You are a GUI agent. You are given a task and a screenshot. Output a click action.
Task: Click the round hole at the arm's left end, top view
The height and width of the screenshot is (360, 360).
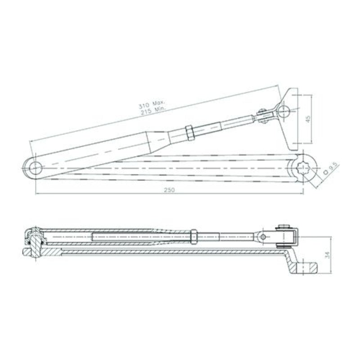(35, 168)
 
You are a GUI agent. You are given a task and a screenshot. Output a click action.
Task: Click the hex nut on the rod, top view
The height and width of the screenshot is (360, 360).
(189, 133)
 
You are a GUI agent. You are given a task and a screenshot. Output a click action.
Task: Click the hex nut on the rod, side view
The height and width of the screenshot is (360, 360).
(193, 236)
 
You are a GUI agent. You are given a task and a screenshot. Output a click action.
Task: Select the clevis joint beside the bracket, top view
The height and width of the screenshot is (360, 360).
(263, 117)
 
